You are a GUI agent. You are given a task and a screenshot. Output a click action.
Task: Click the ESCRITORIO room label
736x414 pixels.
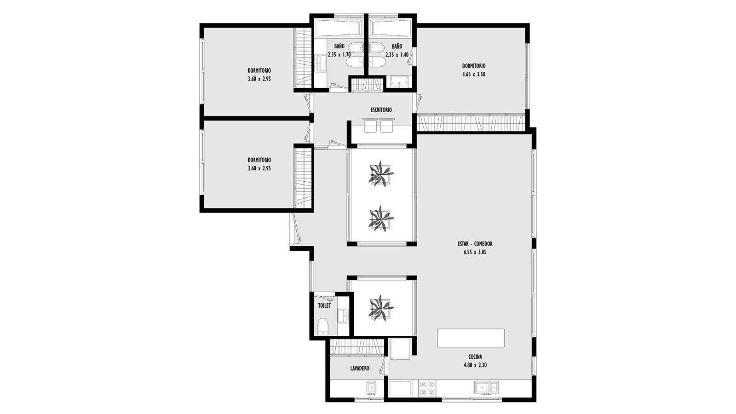pos(381,110)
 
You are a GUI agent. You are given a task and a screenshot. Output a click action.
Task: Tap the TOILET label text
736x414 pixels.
pos(324,305)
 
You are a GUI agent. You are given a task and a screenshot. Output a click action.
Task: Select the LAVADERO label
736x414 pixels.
pos(360,368)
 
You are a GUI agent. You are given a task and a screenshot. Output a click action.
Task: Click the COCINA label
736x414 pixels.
pos(475,357)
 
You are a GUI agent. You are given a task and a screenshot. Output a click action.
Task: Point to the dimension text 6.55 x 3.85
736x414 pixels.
pos(475,253)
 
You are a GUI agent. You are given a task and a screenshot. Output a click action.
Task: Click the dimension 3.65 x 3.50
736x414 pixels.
pos(474,74)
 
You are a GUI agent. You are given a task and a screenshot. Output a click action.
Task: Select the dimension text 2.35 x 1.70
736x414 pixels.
pos(339,55)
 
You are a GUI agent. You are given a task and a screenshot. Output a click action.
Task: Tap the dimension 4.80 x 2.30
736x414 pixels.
pos(475,365)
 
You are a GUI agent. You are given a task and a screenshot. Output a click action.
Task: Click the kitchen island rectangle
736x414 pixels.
pos(471,338)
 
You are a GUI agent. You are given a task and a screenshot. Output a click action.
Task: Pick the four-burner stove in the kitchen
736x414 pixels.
pos(427,388)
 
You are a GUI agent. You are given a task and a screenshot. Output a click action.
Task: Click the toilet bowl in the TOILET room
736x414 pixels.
pos(322,326)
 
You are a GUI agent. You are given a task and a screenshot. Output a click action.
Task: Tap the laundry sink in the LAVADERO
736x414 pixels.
pos(371,388)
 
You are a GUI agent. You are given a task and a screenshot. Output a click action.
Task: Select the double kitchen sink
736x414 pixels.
pos(486,387)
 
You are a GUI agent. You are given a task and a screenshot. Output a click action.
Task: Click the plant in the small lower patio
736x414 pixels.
pos(380,308)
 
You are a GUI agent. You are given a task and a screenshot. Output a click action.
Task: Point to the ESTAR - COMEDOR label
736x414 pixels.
pos(475,244)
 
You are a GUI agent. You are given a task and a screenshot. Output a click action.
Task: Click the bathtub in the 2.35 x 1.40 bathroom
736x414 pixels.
pos(391,28)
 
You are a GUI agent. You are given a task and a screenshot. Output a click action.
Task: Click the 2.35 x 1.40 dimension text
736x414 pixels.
pos(397,55)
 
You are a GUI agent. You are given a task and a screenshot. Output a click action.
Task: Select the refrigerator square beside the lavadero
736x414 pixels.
pos(400,349)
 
